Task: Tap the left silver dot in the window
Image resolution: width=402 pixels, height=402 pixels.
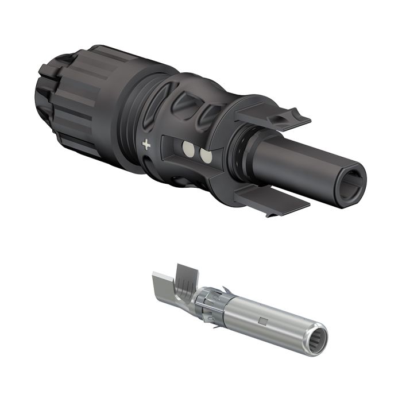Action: (188, 151)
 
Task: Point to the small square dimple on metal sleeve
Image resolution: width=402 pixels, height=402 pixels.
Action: (262, 320)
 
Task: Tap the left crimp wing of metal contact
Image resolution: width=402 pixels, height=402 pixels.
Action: (164, 287)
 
